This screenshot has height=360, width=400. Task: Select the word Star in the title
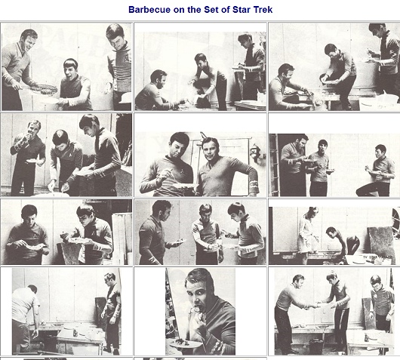(243, 10)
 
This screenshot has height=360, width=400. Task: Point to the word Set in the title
(211, 10)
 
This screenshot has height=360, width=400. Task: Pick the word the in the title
(195, 10)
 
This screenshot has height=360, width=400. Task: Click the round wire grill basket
(44, 89)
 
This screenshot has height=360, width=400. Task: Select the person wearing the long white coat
(308, 234)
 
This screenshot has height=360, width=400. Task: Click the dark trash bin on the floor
(315, 346)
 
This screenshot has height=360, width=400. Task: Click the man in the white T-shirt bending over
(25, 319)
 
